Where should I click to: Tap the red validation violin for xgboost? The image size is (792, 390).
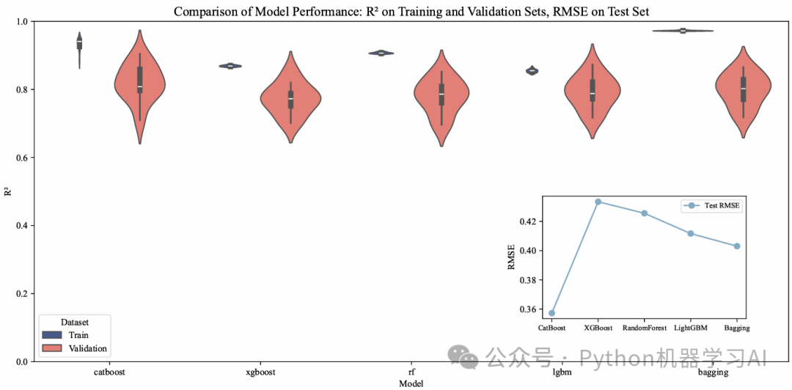[291, 99]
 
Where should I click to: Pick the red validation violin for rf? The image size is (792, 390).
[441, 95]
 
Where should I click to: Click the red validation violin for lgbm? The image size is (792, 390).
[593, 92]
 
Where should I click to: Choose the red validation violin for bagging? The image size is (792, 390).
[743, 89]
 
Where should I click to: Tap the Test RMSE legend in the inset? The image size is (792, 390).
[711, 206]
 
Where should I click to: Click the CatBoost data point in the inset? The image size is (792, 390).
[552, 313]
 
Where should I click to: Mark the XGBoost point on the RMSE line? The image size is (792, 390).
[598, 202]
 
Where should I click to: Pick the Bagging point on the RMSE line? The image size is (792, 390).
[737, 246]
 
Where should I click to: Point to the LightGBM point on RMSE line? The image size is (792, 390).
[691, 233]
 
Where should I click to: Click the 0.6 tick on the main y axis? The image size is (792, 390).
[21, 158]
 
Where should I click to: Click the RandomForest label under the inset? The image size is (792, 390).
[645, 328]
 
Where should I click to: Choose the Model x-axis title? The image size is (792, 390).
[411, 383]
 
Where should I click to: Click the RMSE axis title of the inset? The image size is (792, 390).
[512, 257]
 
